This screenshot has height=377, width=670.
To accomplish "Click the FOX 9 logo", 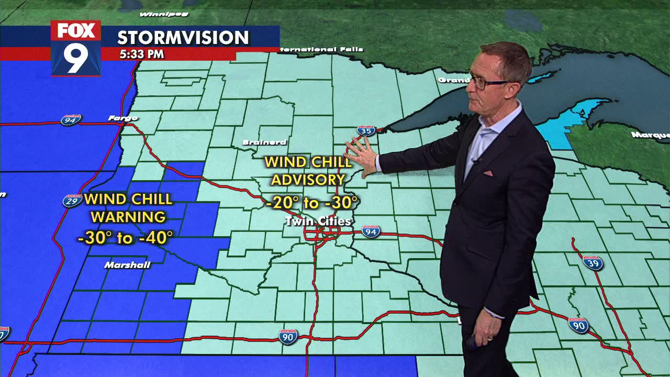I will tap(76, 48).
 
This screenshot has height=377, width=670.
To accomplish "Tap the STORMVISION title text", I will tap(183, 38).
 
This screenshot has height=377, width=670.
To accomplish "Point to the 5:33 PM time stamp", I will tap(141, 54).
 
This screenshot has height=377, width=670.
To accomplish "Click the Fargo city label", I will tap(123, 118).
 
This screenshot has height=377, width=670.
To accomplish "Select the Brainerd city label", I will tap(264, 142).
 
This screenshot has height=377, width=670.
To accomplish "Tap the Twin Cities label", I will tap(318, 221).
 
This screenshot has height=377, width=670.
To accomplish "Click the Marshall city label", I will tap(127, 265).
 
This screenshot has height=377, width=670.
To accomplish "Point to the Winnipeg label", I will tap(157, 14).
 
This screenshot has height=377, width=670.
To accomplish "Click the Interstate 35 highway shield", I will tap(366, 130).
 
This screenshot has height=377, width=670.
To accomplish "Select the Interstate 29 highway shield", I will tap(72, 201).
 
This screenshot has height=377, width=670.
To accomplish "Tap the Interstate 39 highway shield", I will tap(593, 262).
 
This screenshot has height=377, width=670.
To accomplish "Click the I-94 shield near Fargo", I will tap(70, 120).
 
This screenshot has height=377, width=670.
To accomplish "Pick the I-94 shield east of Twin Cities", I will tap(371, 231).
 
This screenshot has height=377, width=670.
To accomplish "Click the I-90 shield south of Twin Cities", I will tap(288, 336).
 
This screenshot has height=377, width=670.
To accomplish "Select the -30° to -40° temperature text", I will tap(125, 238).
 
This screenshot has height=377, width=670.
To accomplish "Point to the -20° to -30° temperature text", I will tap(312, 203).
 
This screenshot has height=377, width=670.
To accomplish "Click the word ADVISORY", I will tap(308, 180).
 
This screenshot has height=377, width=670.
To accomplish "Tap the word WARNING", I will tap(128, 217).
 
